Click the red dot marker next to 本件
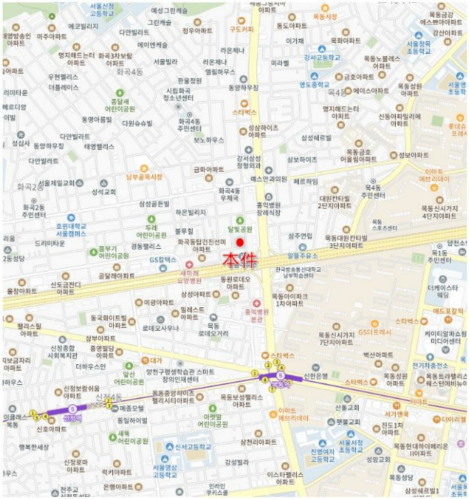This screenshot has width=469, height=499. tap(240, 243)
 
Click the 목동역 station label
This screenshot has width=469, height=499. tap(280, 384)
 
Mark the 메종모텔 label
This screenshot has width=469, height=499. tap(132, 408)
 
